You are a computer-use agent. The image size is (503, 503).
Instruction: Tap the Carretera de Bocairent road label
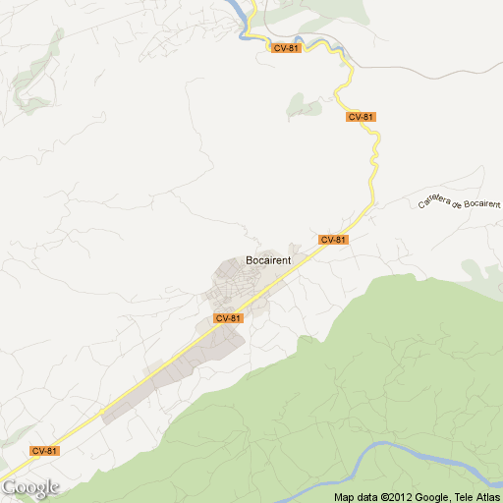tap(459, 192)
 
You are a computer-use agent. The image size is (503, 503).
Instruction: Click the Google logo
tap(30, 486)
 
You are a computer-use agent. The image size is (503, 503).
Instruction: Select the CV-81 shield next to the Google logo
tap(44, 451)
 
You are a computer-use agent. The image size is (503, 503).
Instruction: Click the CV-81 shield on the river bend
tap(287, 48)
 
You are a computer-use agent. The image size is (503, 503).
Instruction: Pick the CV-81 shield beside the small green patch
tap(361, 117)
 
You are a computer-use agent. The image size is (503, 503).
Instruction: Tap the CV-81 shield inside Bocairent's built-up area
tap(227, 318)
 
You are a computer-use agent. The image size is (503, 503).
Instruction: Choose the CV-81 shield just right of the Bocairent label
tap(333, 240)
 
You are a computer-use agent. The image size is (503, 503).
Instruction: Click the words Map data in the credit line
tap(357, 496)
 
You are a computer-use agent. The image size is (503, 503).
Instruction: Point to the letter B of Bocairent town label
tap(248, 262)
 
